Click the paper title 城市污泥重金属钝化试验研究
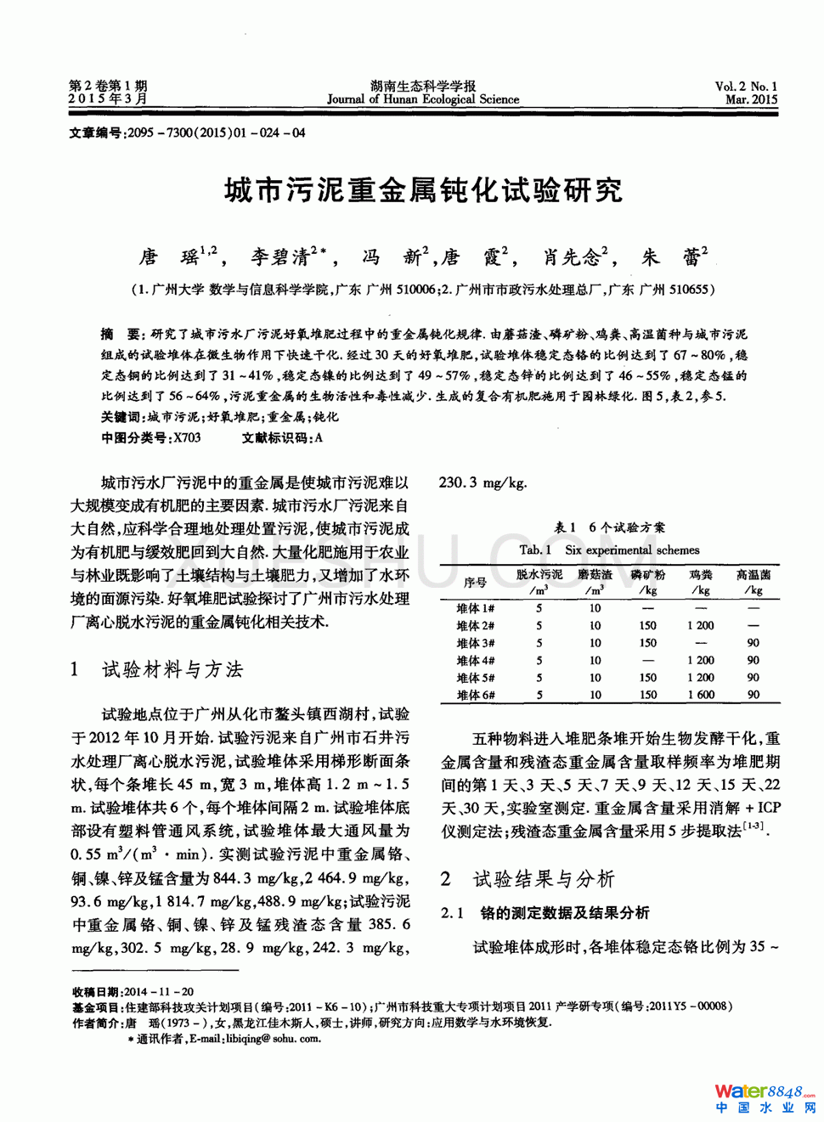423,190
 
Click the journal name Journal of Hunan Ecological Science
423,99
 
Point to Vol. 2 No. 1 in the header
745,86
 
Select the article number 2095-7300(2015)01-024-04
216,132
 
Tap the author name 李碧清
279,257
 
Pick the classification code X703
187,437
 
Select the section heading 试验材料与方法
172,669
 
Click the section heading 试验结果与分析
544,878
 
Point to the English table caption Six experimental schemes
632,550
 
